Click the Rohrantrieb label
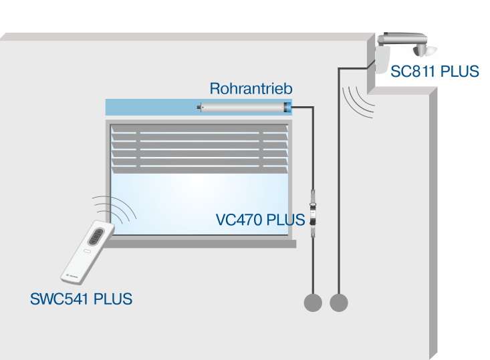(x=251, y=88)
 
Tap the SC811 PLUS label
(x=436, y=71)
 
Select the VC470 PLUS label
(x=261, y=220)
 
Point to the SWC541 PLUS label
(x=81, y=299)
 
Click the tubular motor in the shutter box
(x=244, y=106)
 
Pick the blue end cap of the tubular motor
(x=289, y=106)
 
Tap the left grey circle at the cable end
(x=313, y=303)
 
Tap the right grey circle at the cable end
(x=339, y=303)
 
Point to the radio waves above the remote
(x=117, y=208)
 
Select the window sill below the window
(x=201, y=243)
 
